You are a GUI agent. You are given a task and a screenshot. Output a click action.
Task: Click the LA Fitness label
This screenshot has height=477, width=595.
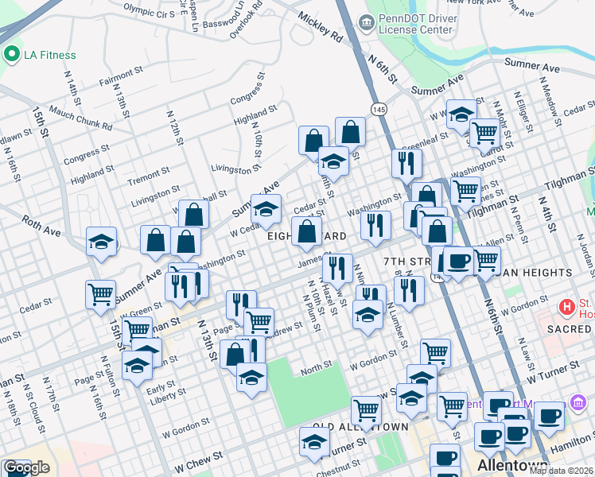[x=49, y=55]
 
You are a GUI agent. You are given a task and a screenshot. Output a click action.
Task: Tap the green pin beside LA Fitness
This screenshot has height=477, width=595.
[x=11, y=55]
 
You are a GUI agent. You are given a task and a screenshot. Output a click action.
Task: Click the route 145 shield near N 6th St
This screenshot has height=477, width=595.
[x=379, y=108]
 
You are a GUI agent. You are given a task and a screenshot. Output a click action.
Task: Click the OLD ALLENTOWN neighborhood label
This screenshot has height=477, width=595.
[x=360, y=427]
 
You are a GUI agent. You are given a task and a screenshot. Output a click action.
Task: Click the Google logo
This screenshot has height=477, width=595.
[x=25, y=467]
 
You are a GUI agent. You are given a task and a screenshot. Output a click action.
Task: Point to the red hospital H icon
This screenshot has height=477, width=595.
[x=566, y=306]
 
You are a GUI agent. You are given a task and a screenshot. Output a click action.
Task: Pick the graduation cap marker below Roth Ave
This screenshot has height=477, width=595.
[x=101, y=242]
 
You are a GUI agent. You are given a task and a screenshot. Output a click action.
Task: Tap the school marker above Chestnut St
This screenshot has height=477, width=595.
[x=314, y=442]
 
